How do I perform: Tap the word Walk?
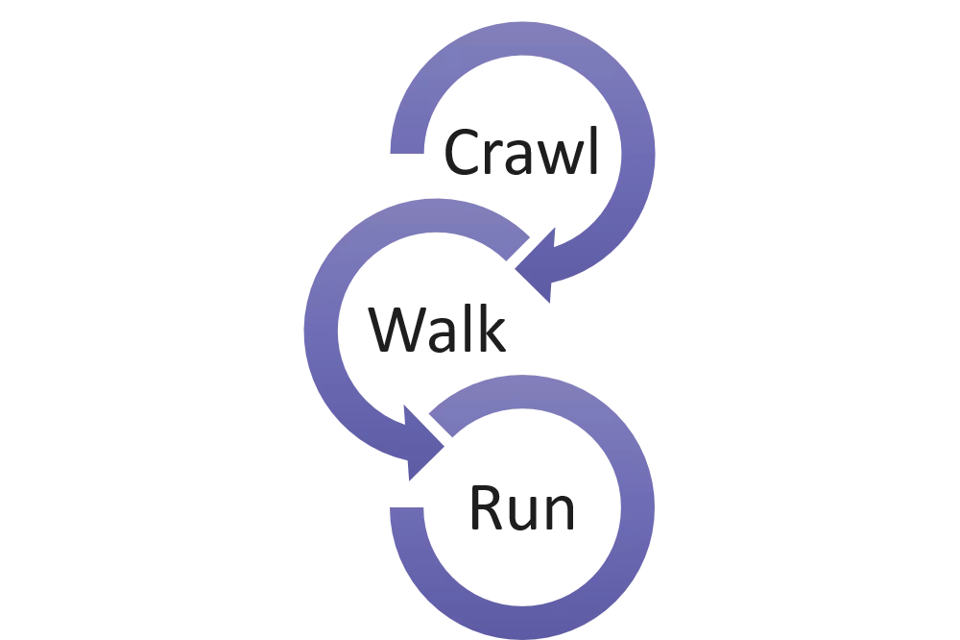click(x=437, y=332)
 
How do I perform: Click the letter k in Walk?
click(x=491, y=332)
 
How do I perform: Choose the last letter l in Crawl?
click(x=591, y=153)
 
